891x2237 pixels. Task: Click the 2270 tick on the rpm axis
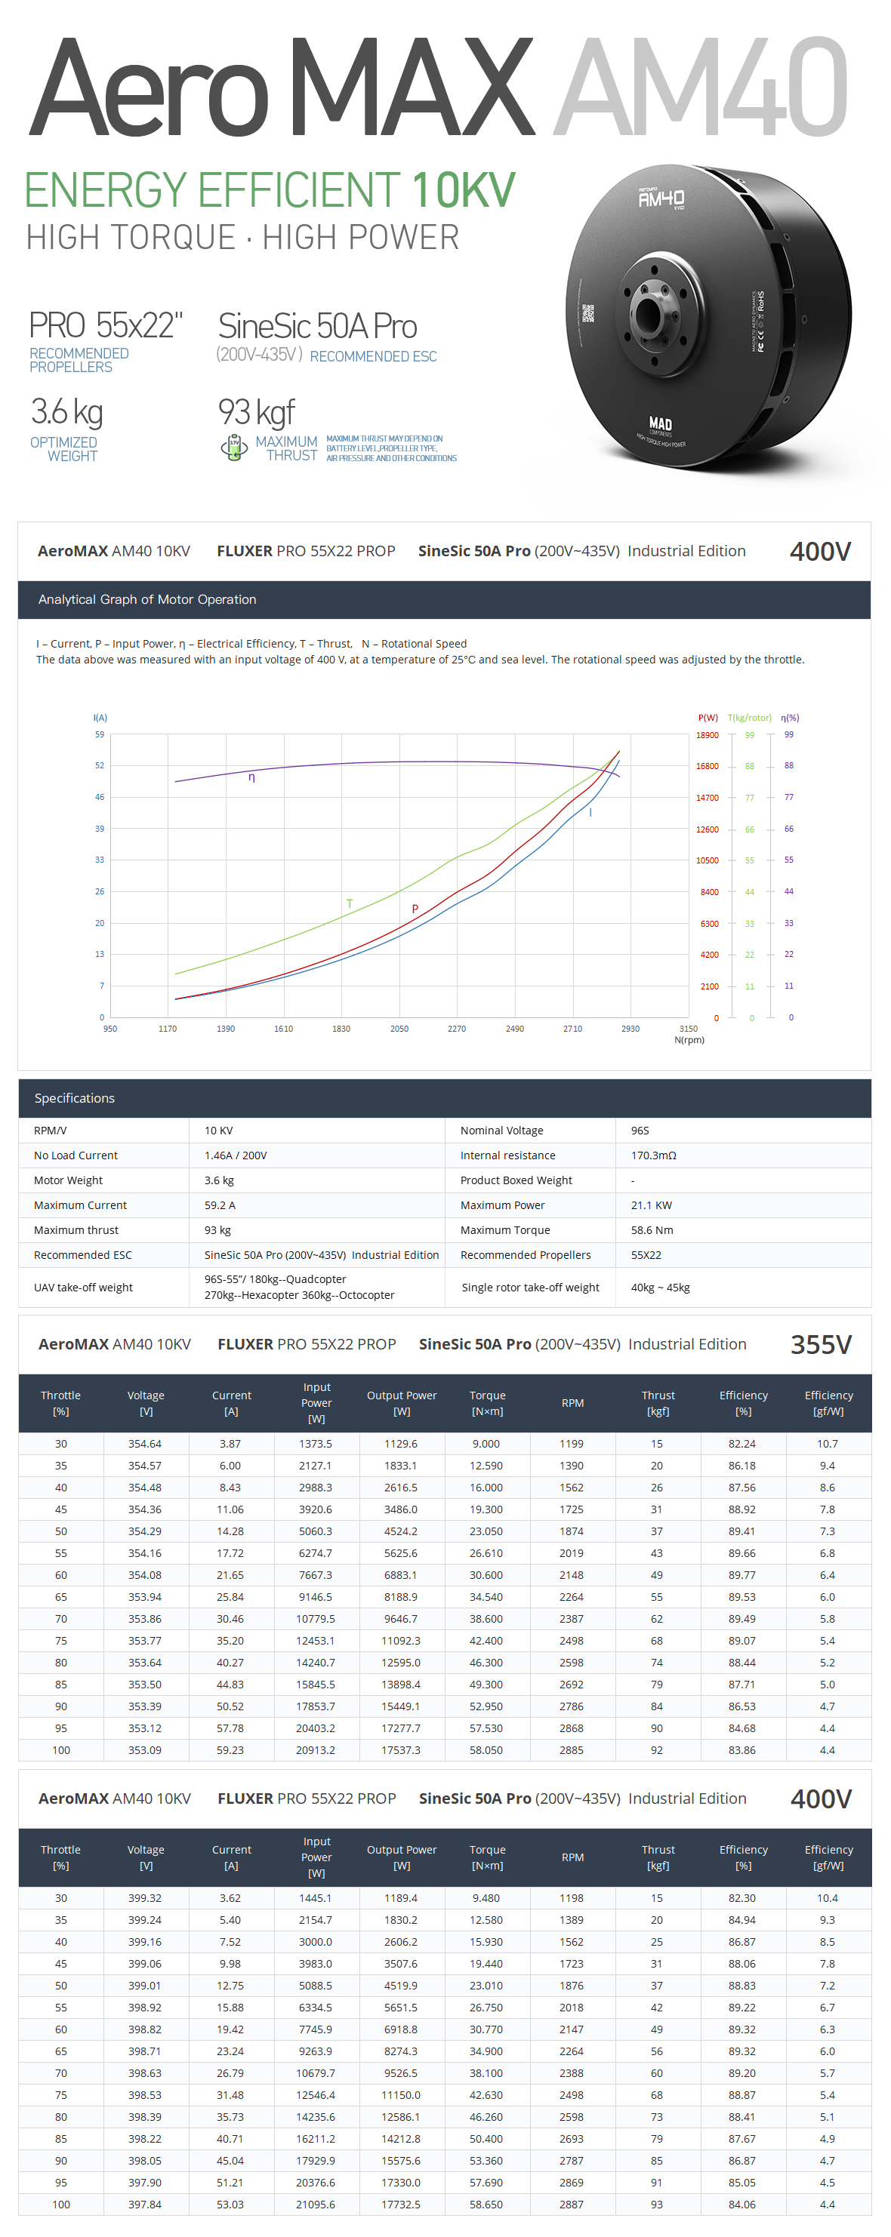tap(456, 1028)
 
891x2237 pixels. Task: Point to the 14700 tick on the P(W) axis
tap(707, 797)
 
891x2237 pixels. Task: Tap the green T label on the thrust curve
tap(350, 903)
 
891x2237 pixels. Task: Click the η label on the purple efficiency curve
tap(252, 777)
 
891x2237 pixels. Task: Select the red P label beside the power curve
tap(415, 909)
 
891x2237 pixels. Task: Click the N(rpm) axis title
tap(689, 1039)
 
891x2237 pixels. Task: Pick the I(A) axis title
tap(100, 717)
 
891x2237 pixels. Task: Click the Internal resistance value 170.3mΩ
tap(653, 1155)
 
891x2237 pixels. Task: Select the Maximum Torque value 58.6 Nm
tap(652, 1229)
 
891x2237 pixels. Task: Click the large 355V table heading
tap(820, 1344)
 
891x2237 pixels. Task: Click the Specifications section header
tap(75, 1097)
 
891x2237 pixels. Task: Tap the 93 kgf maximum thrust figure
tap(256, 411)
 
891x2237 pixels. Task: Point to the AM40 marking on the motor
tap(661, 198)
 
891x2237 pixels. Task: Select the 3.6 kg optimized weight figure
tap(67, 411)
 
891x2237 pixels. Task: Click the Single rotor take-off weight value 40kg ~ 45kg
tap(660, 1287)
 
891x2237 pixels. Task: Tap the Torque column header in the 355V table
tap(486, 1402)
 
